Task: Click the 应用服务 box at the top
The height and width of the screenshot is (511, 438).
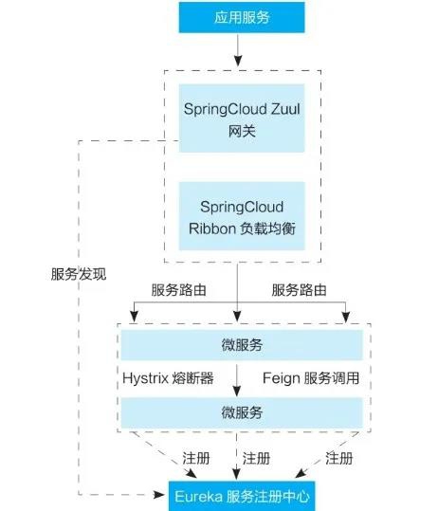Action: pyautogui.click(x=242, y=17)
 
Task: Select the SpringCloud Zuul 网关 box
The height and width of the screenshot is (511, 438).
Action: pyautogui.click(x=242, y=119)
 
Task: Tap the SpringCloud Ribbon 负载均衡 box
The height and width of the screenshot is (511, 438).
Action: pyautogui.click(x=242, y=216)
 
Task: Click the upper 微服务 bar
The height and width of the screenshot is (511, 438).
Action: pyautogui.click(x=242, y=345)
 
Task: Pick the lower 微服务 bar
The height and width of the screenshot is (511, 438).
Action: pyautogui.click(x=242, y=412)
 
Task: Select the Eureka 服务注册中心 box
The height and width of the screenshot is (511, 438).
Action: pyautogui.click(x=242, y=496)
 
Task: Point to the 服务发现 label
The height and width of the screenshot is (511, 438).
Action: pyautogui.click(x=79, y=274)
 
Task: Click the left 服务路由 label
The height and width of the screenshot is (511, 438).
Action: pyautogui.click(x=178, y=290)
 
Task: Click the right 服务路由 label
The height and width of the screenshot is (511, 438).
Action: pyautogui.click(x=300, y=290)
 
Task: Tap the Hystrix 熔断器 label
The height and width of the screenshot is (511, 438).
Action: pyautogui.click(x=168, y=378)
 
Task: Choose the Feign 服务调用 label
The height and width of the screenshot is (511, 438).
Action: pyautogui.click(x=311, y=378)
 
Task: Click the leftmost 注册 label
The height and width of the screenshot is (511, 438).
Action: pyautogui.click(x=196, y=458)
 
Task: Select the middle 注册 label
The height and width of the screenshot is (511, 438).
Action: pyautogui.click(x=256, y=458)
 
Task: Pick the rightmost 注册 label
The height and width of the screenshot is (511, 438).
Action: pyautogui.click(x=339, y=458)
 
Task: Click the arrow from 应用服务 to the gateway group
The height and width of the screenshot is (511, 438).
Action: pyautogui.click(x=238, y=50)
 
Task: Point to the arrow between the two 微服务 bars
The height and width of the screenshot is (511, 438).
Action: pyautogui.click(x=237, y=380)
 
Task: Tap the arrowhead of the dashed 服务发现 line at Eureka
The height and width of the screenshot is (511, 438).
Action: pyautogui.click(x=159, y=495)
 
